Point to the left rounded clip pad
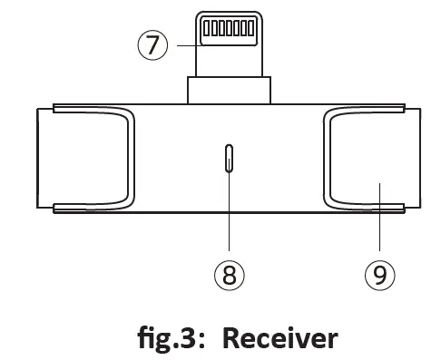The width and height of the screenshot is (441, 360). (90, 161)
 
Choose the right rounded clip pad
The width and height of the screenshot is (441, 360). (368, 161)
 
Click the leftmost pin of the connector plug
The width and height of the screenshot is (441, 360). (206, 29)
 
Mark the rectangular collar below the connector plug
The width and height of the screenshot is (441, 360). (229, 91)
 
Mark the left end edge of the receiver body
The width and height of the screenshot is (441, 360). (37, 161)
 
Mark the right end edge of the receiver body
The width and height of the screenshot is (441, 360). (421, 161)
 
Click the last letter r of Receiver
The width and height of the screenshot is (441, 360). (332, 341)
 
